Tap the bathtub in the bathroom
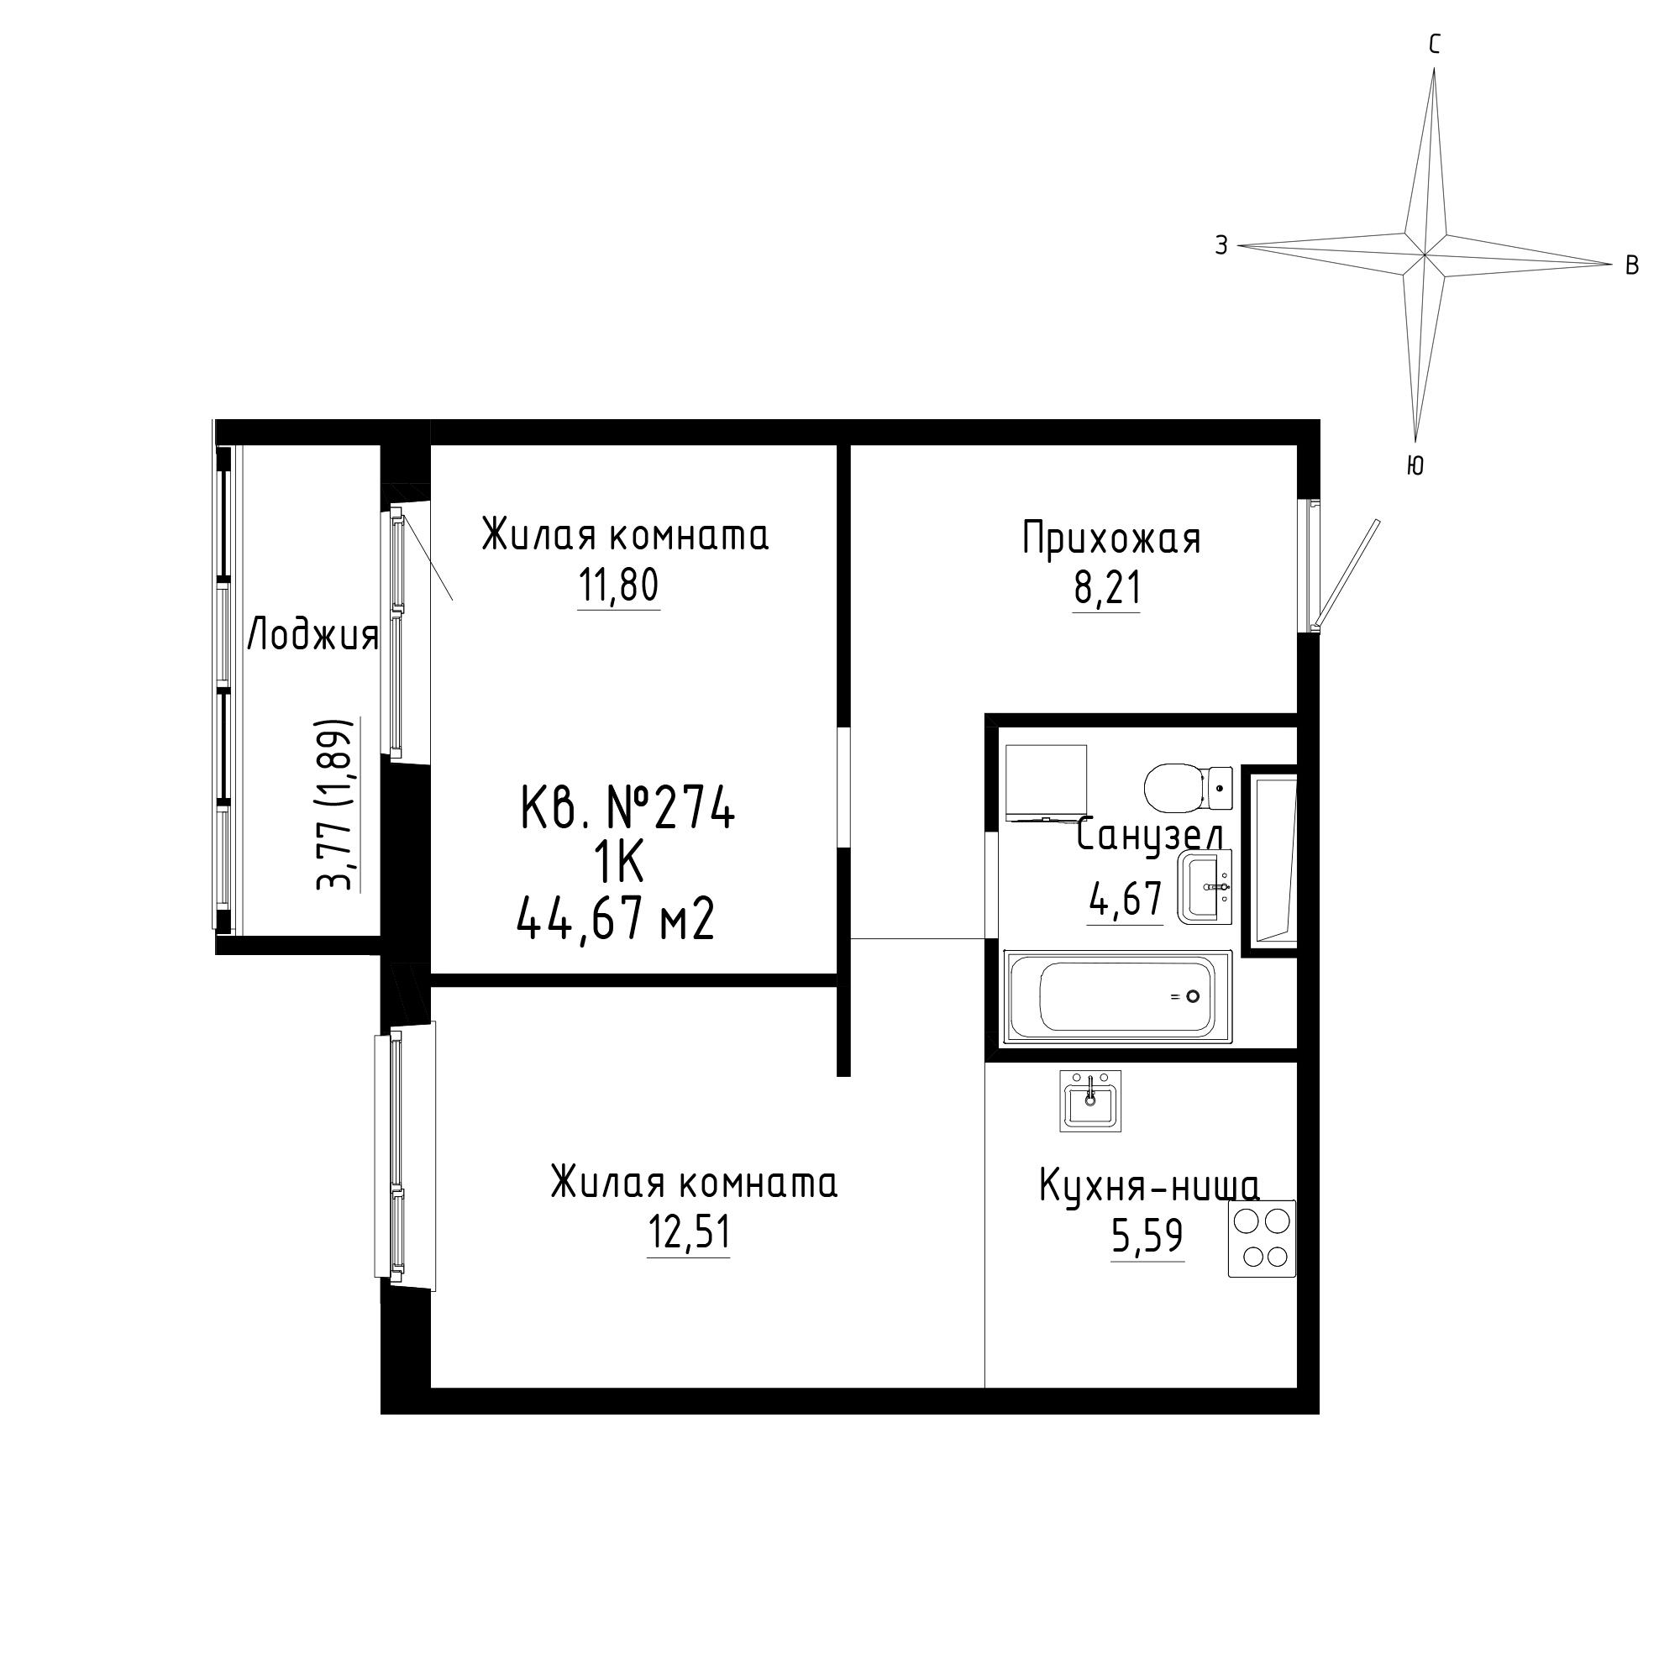pos(1118,996)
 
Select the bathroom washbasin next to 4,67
pos(1205,887)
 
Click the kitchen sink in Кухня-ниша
pos(1090,1100)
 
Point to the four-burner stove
pos(1262,1238)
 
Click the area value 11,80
pos(619,586)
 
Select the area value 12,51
pos(689,1232)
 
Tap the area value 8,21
pos(1107,589)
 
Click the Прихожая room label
pos(1111,538)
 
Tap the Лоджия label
pos(313,637)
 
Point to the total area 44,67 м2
pos(616,919)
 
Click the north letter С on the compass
pos(1435,45)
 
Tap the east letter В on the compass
pos(1631,266)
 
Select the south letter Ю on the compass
pos(1415,466)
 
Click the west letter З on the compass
pos(1221,246)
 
